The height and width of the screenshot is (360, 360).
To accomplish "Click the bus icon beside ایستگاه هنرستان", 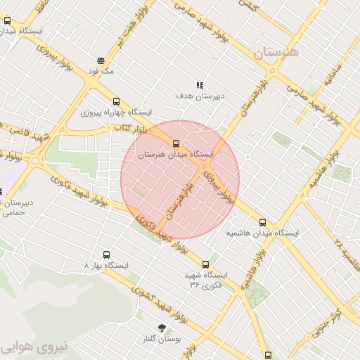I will point(7,21).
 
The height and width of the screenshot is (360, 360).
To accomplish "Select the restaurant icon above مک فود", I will point(101,60).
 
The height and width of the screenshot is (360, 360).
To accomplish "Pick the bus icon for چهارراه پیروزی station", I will point(116,101).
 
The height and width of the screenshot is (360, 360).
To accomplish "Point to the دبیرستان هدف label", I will point(200,95).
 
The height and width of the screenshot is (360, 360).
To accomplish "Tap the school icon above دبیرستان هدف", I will point(200,84).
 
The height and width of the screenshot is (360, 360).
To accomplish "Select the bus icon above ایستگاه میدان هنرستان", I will point(176,143).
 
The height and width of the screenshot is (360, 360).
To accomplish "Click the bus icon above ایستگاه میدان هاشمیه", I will point(263,222).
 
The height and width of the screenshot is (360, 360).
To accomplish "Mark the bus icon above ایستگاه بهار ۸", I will point(106,255).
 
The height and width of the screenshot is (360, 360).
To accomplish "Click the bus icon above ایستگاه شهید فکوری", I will point(205,264).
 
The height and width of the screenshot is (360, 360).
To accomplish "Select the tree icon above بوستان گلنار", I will point(162,328).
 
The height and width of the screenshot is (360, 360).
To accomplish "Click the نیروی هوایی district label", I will point(32,347).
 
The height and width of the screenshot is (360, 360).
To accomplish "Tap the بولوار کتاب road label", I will point(129,129).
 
